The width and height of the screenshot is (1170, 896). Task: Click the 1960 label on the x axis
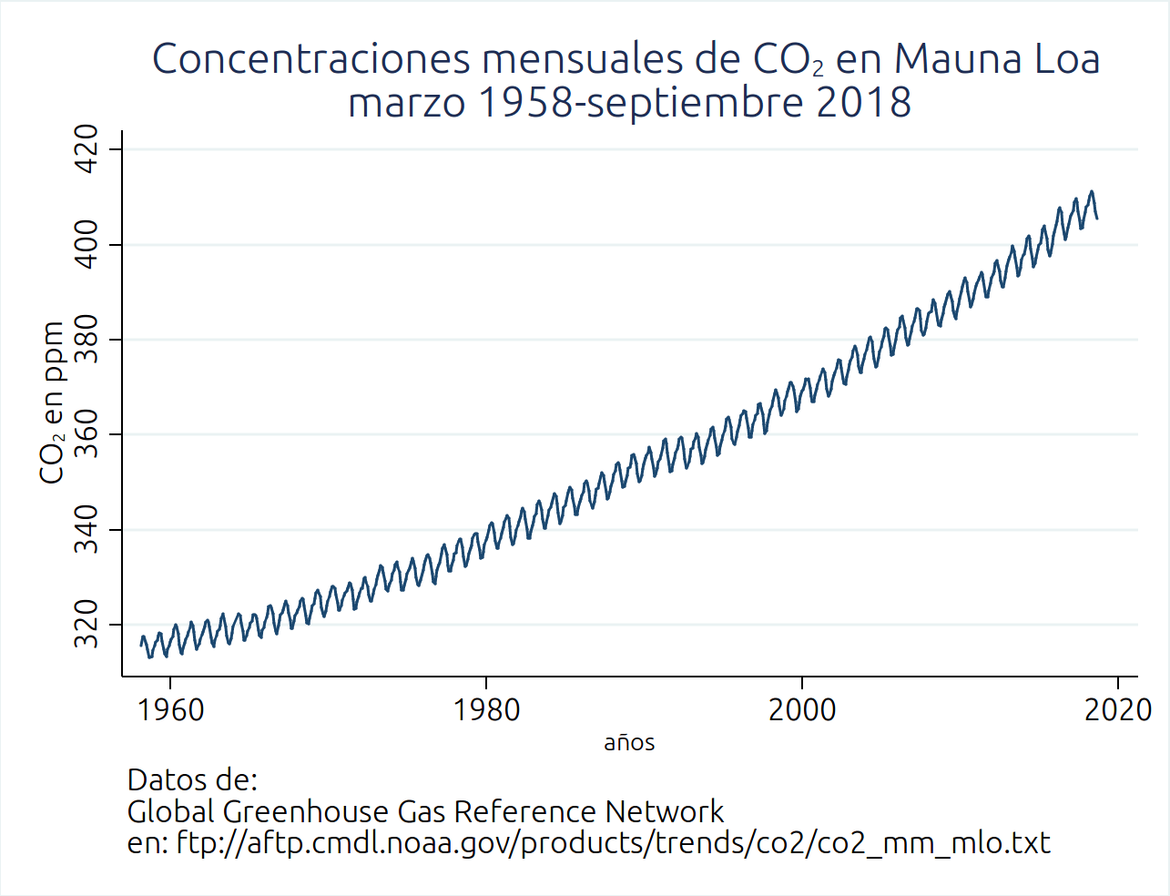coord(170,710)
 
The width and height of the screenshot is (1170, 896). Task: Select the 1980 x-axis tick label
coord(486,710)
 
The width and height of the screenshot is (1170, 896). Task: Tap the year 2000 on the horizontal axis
coord(801,710)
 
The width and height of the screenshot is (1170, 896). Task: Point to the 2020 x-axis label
coord(1117,710)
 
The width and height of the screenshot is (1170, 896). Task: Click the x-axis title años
coord(629,743)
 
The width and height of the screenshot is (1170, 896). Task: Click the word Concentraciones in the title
coord(311,59)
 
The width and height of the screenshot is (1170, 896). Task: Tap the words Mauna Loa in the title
coord(997,59)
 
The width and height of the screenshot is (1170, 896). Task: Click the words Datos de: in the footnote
coord(192,780)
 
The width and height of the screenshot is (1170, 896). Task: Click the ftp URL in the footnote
coord(613,843)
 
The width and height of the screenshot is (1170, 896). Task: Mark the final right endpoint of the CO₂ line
coord(1097,219)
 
